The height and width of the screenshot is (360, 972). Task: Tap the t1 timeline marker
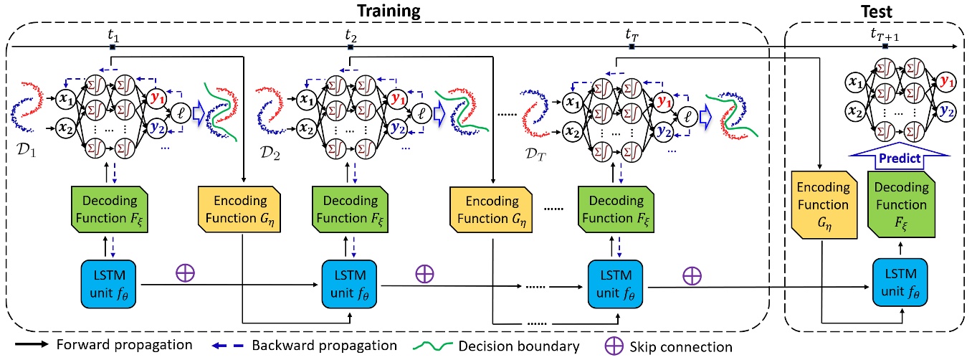tap(112, 47)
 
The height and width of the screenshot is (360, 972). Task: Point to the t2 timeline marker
tap(350, 47)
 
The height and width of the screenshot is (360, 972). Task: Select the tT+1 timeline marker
tap(886, 47)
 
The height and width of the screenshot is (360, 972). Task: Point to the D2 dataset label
tap(272, 154)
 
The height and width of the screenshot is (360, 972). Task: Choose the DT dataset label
tap(535, 154)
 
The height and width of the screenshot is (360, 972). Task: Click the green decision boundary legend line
tap(438, 346)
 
